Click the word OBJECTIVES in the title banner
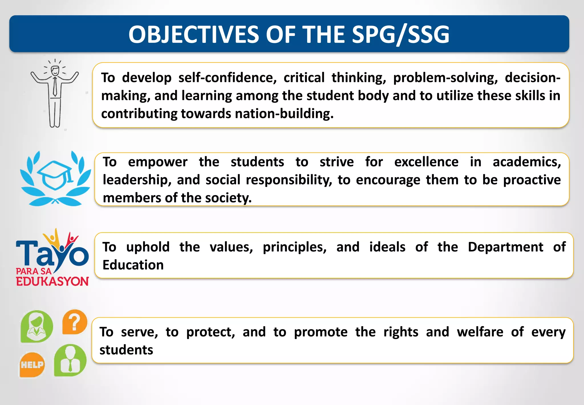[194, 35]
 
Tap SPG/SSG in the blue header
[401, 35]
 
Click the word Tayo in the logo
[51, 252]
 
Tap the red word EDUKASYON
[52, 281]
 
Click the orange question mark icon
[75, 322]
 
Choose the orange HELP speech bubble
[32, 365]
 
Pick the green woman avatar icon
[37, 326]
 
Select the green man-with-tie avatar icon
[70, 360]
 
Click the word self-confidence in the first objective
[228, 78]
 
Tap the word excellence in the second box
[426, 162]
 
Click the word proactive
[532, 180]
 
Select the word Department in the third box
[505, 247]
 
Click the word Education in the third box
[133, 265]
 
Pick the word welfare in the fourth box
[480, 332]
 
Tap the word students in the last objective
[126, 350]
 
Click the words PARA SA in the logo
[34, 271]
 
